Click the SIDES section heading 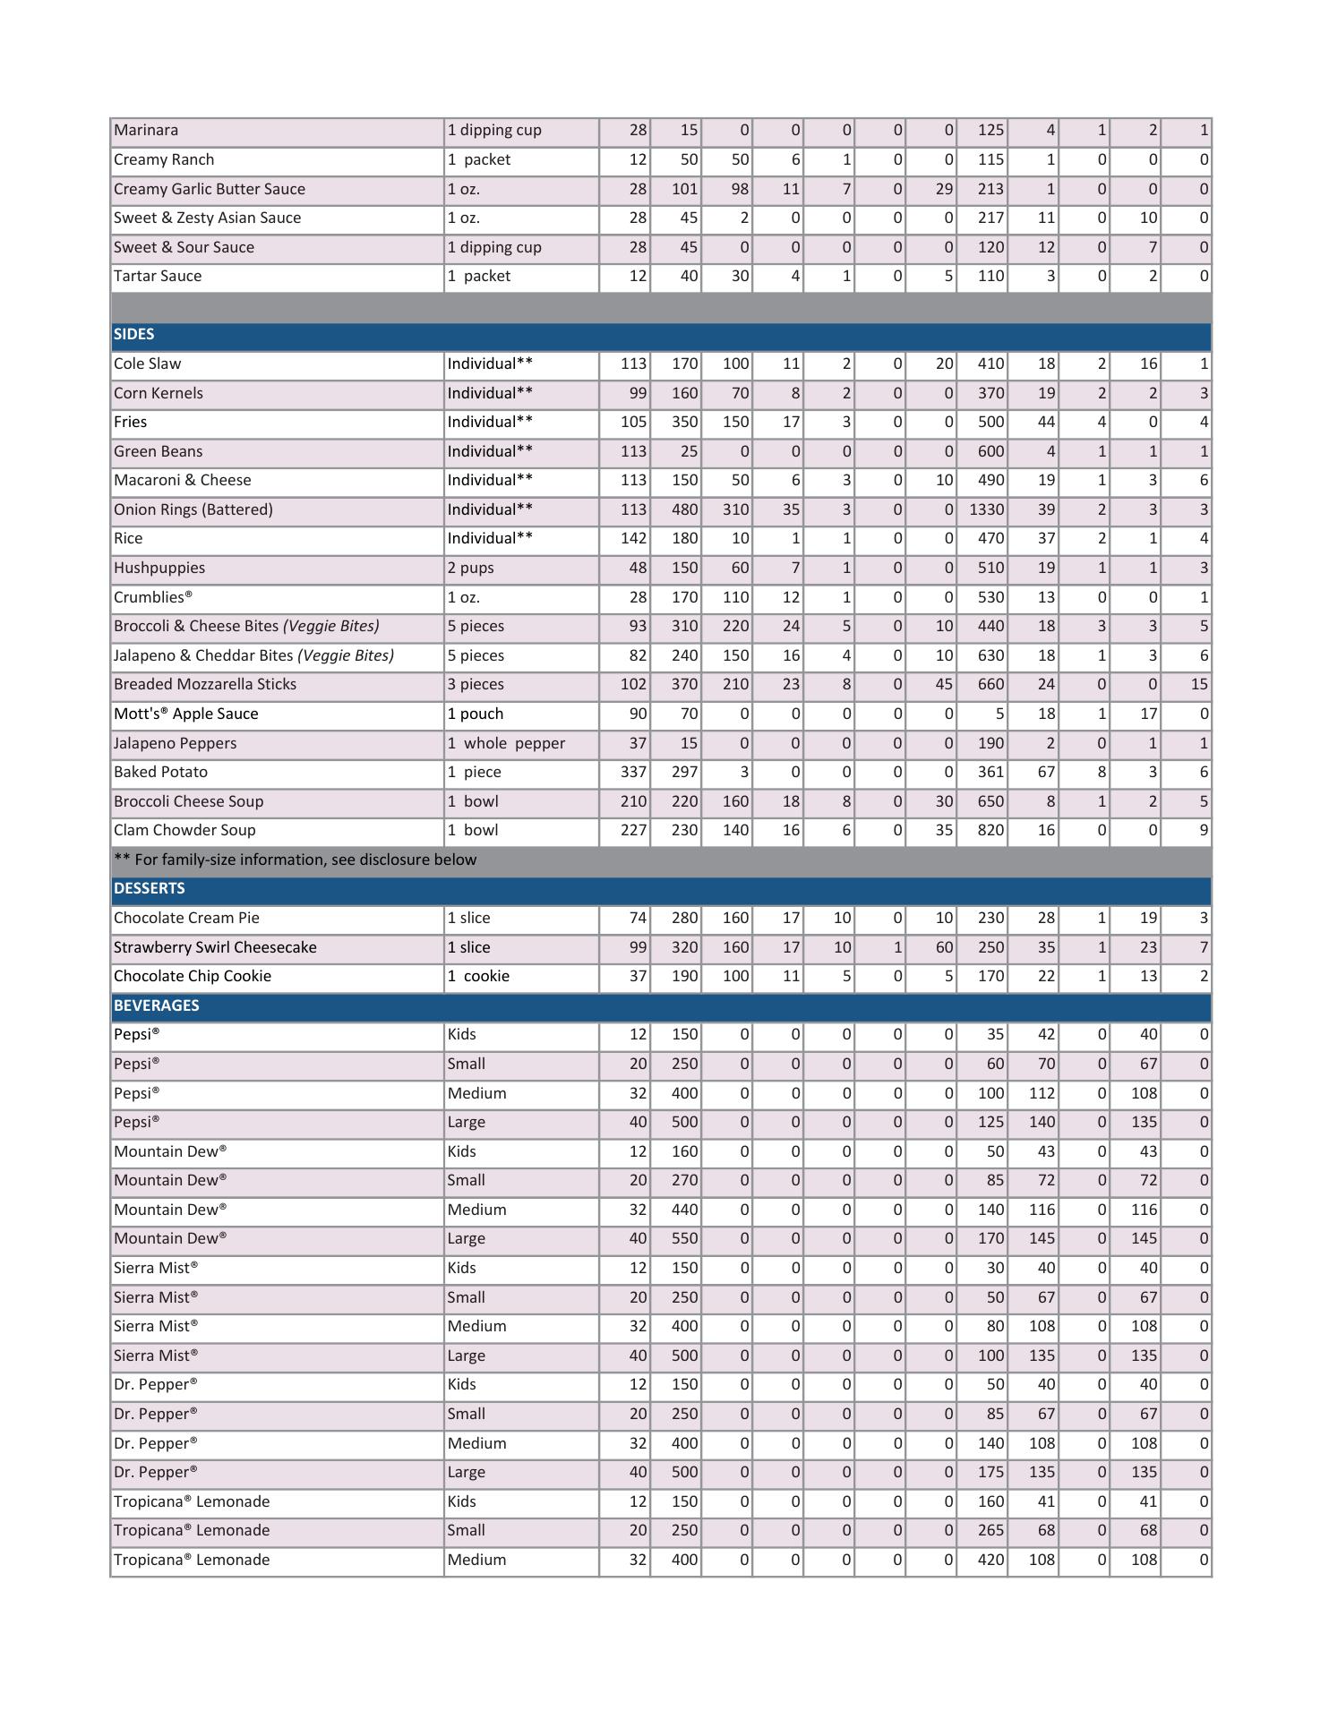point(134,335)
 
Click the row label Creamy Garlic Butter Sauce point(210,190)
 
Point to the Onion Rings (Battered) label point(193,510)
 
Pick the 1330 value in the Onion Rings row point(986,510)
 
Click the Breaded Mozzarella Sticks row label point(205,685)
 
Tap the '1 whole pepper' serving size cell point(506,744)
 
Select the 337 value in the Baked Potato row point(633,773)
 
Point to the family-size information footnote point(296,860)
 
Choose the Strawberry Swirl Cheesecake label point(215,948)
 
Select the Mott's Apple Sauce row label point(186,714)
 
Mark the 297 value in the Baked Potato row point(684,773)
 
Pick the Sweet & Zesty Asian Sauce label point(208,218)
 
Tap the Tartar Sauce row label point(158,277)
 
